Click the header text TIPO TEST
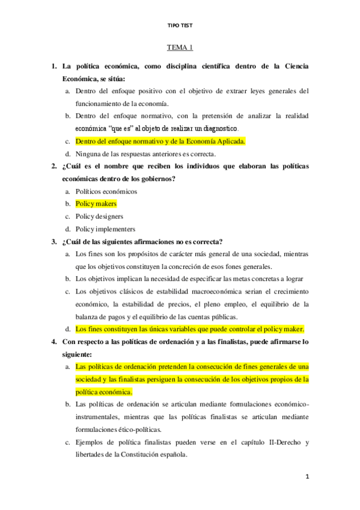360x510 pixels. pos(180,25)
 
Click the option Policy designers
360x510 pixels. pos(99,217)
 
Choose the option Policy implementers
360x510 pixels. pos(105,229)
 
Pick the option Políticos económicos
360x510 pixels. pos(106,191)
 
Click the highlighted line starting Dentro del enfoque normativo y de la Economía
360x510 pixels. pos(160,141)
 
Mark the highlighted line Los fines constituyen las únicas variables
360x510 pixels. pos(190,329)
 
